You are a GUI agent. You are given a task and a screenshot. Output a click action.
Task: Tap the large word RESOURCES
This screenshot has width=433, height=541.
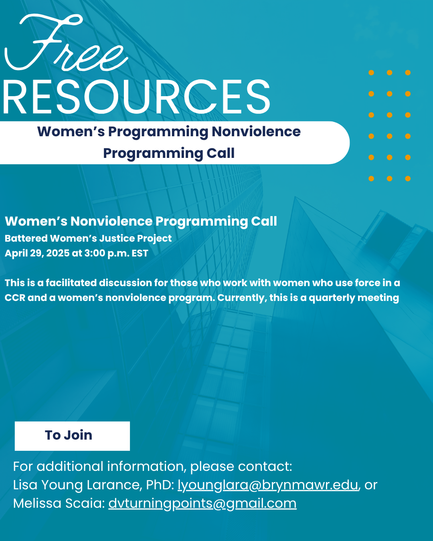coord(136,97)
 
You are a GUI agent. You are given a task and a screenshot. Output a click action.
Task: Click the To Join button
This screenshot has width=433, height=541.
coord(72,436)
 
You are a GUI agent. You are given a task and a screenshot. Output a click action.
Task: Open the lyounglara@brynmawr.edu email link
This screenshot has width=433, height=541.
coord(268,484)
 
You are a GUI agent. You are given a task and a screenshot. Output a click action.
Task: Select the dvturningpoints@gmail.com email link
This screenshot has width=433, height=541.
coord(202,503)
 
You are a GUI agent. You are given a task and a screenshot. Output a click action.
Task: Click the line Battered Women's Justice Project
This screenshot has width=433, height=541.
coord(88,238)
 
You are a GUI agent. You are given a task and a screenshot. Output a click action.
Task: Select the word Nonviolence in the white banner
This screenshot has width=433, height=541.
coord(256,131)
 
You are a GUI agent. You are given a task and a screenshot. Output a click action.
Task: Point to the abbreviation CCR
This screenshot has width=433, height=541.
coord(15,298)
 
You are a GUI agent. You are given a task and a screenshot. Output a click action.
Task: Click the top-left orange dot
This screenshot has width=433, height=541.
coord(371,73)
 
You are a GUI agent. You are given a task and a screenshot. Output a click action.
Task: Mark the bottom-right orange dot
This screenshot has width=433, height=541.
coord(408,178)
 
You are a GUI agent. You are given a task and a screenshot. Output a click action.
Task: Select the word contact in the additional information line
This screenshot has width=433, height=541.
coord(265,466)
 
